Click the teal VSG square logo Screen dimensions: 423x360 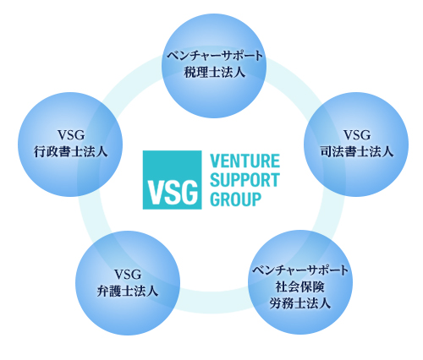[172, 180]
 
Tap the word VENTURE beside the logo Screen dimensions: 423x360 [244, 161]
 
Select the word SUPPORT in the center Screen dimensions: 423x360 [244, 180]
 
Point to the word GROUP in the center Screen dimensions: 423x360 [236, 199]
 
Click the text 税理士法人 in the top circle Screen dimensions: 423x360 [214, 72]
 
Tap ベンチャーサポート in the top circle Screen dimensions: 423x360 [214, 55]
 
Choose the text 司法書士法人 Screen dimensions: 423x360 [357, 151]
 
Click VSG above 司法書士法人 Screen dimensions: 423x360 [357, 135]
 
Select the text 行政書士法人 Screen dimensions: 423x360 [70, 151]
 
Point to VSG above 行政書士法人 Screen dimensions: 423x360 [71, 135]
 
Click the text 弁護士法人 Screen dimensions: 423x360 [128, 291]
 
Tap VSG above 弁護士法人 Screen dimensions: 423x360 [128, 274]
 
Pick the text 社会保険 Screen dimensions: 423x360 [300, 287]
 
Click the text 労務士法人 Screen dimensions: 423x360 [300, 303]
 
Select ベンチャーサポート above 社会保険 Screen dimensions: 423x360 [300, 270]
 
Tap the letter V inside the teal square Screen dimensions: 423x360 [155, 193]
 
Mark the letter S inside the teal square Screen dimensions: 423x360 [172, 193]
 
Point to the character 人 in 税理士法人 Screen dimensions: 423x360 [239, 72]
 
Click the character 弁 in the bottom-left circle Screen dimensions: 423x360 [102, 291]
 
